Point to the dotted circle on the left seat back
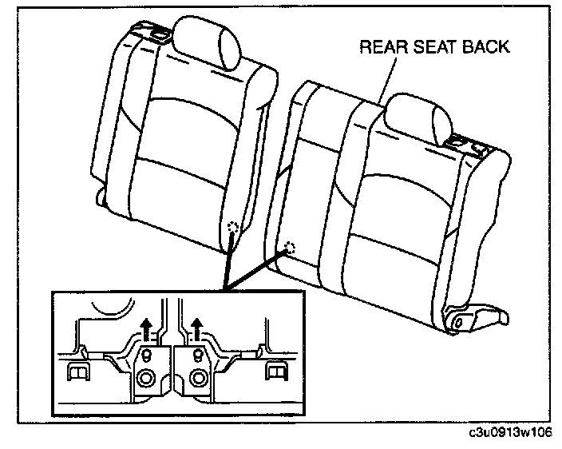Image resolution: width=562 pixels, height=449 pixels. (232, 227)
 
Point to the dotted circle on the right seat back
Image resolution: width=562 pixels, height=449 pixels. (290, 248)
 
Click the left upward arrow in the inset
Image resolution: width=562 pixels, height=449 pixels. (146, 325)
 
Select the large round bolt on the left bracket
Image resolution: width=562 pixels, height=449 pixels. (146, 379)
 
